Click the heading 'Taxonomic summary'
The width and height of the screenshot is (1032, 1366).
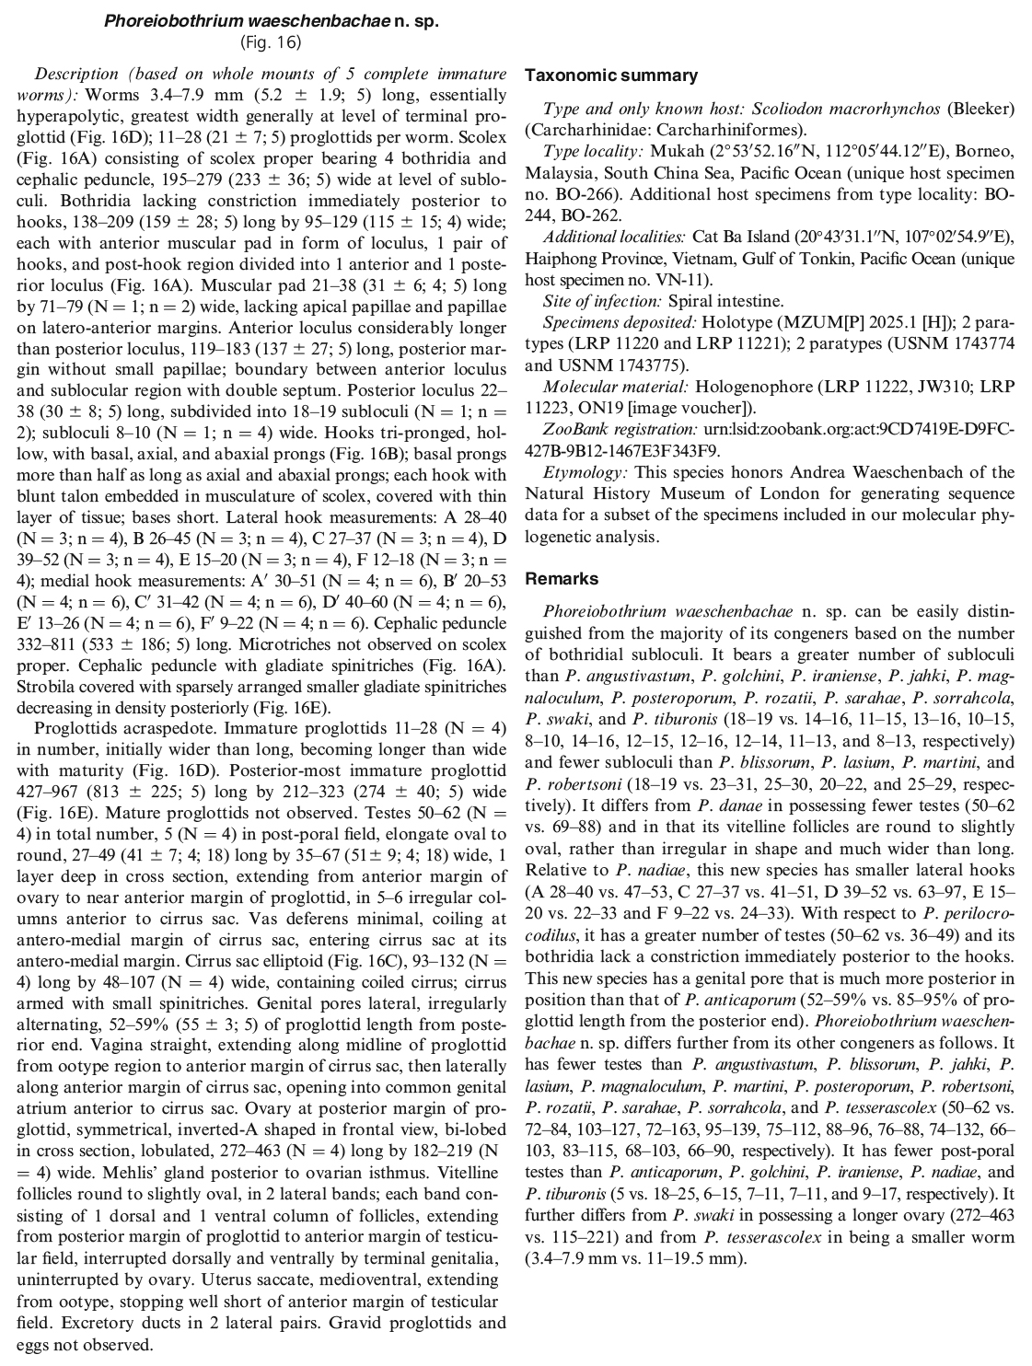610,75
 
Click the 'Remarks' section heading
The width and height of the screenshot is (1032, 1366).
562,578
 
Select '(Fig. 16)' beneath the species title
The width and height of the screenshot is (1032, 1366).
271,42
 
